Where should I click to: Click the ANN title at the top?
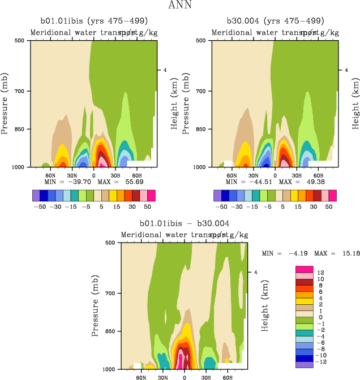tap(179, 5)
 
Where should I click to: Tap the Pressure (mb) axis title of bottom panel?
tap(95, 305)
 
